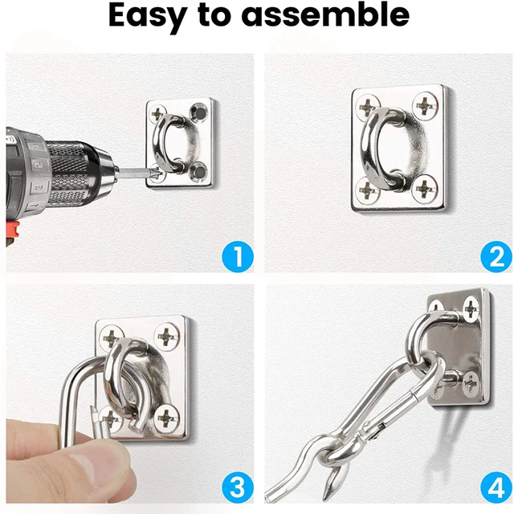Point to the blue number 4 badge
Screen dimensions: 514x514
[496, 487]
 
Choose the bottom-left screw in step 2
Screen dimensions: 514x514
[367, 190]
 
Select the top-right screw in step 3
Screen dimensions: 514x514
[167, 335]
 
